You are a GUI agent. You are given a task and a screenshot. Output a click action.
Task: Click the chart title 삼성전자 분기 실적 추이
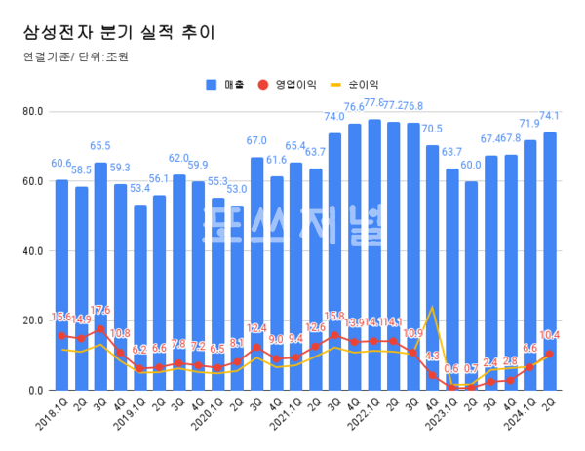coord(118,31)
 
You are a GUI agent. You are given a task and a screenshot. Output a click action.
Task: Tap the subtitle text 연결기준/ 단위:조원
coord(75,56)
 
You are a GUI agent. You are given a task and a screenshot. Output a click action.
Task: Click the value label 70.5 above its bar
coord(431,129)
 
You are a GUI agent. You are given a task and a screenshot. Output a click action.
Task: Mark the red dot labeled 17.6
coord(100,329)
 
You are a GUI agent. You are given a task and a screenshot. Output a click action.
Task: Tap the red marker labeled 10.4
coord(550,354)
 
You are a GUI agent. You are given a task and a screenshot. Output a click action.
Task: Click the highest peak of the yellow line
coord(432,308)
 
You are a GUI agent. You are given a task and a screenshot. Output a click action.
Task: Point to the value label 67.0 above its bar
coord(256,141)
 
